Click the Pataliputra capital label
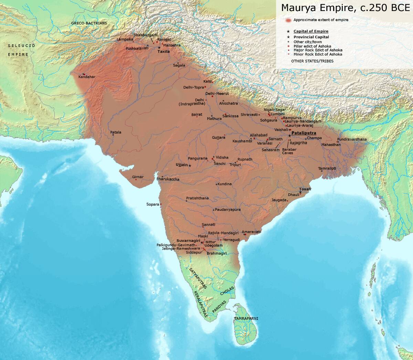[304, 133]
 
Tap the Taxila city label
[163, 51]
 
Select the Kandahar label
[87, 77]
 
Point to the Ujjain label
[182, 165]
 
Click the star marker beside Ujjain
[190, 165]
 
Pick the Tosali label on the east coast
[305, 189]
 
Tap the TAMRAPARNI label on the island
[246, 319]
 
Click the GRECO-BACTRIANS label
[89, 23]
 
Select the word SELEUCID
[21, 45]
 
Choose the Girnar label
[138, 177]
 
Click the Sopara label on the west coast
[153, 204]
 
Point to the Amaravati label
[251, 232]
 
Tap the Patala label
[116, 132]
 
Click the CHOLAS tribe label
[227, 291]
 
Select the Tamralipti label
[327, 168]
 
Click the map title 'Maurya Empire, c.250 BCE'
[346, 8]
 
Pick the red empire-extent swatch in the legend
[288, 20]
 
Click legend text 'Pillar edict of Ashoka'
[312, 46]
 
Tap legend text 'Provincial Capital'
[311, 37]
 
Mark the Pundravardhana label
[352, 139]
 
